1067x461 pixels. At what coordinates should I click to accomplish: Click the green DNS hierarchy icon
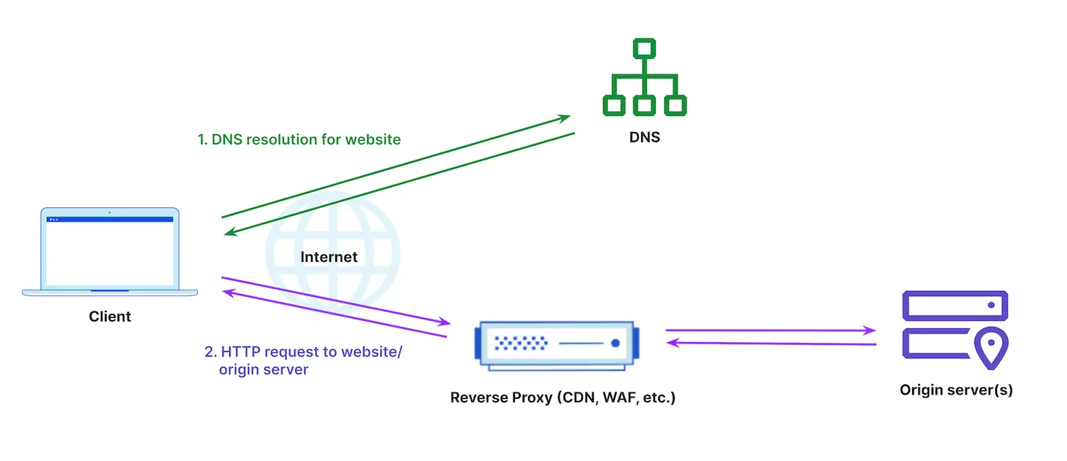[643, 78]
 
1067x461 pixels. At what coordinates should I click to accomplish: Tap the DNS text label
[644, 137]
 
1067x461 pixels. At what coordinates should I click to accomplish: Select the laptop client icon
[110, 252]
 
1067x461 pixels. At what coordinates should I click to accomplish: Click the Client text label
[110, 317]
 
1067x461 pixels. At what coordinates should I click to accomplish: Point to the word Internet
[329, 257]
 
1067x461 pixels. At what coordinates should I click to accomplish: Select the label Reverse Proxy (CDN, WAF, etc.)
[562, 398]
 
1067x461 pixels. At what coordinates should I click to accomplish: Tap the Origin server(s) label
[956, 390]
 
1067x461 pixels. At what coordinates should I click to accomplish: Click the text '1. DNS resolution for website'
[299, 139]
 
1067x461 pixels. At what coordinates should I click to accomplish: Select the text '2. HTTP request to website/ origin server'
[302, 360]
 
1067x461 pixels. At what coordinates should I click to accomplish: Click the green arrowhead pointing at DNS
[564, 117]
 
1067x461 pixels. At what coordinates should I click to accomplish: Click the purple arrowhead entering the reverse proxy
[444, 322]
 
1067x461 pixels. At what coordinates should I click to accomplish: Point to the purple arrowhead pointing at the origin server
[870, 330]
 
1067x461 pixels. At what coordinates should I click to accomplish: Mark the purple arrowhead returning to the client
[228, 292]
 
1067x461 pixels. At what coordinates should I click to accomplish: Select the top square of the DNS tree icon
[643, 49]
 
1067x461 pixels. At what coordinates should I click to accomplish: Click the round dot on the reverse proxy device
[616, 343]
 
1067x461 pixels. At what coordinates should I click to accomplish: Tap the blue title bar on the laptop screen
[110, 219]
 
